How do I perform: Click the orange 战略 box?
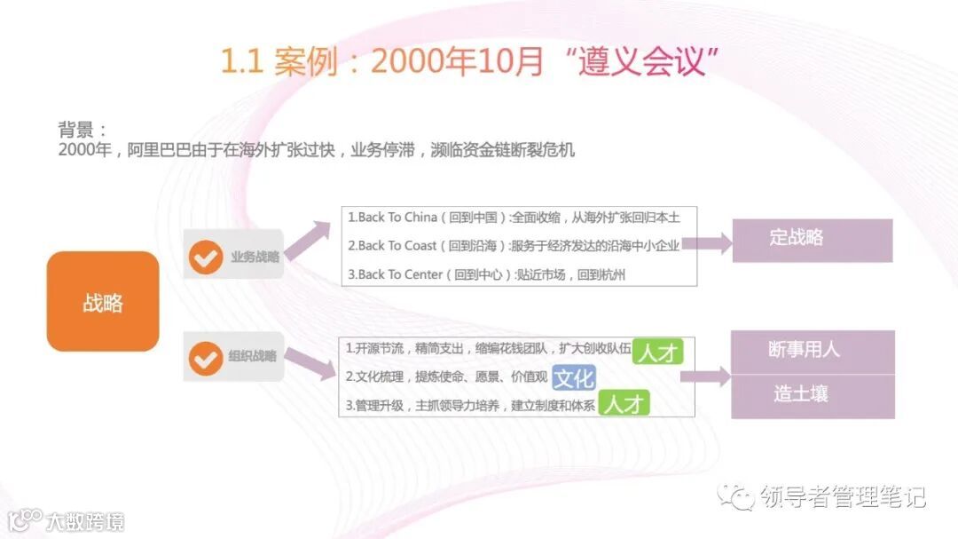pos(103,302)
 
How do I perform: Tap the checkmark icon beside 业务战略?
pos(206,257)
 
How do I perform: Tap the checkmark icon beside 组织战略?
pos(206,358)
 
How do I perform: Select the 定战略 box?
pos(812,239)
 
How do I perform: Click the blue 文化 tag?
pos(573,377)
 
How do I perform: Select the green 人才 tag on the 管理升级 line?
pos(624,404)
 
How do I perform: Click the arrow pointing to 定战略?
pos(707,244)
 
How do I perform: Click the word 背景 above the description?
pos(75,130)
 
